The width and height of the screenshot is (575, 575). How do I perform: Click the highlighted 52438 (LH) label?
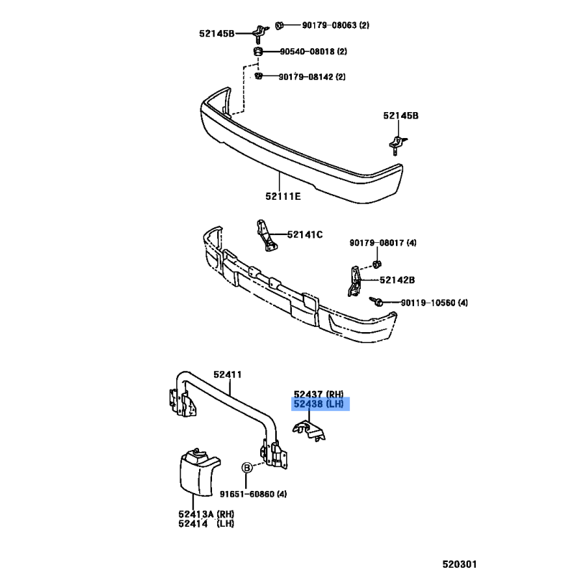pyautogui.click(x=318, y=404)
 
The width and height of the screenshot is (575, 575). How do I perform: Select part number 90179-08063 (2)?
pyautogui.click(x=336, y=25)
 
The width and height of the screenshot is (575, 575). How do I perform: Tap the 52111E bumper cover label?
pyautogui.click(x=283, y=196)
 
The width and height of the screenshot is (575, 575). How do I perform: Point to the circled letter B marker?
pyautogui.click(x=247, y=468)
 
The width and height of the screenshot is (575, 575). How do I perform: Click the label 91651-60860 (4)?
pyautogui.click(x=254, y=494)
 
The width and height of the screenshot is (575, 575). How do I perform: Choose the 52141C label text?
pyautogui.click(x=305, y=234)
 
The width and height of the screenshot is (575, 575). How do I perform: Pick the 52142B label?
pyautogui.click(x=397, y=280)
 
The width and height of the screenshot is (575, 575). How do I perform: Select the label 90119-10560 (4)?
pyautogui.click(x=435, y=303)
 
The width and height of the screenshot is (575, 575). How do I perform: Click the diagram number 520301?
pyautogui.click(x=459, y=564)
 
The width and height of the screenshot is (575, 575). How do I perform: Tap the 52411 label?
pyautogui.click(x=228, y=374)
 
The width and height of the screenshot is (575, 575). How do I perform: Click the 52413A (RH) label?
pyautogui.click(x=206, y=514)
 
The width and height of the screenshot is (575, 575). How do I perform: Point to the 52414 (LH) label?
pyautogui.click(x=206, y=524)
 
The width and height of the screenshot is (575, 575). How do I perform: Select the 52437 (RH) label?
pyautogui.click(x=318, y=394)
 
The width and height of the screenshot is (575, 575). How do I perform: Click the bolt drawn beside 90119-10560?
pyautogui.click(x=376, y=301)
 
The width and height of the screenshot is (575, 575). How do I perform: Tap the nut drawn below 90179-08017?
pyautogui.click(x=377, y=263)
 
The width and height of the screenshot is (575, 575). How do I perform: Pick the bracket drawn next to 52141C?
pyautogui.click(x=266, y=236)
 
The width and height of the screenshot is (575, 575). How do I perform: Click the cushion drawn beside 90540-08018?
pyautogui.click(x=258, y=51)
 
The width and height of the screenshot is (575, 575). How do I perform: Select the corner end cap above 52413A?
pyautogui.click(x=198, y=472)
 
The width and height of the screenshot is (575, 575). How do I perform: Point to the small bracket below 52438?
pyautogui.click(x=309, y=431)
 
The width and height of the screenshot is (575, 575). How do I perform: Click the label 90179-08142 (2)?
pyautogui.click(x=312, y=77)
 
